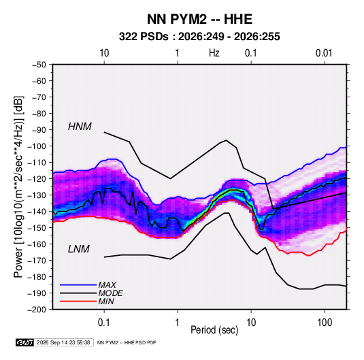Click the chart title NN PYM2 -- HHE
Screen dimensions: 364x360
coord(199,19)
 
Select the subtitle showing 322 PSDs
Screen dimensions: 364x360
coord(199,37)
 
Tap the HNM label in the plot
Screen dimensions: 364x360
coord(80,127)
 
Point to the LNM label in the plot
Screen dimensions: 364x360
coord(79,249)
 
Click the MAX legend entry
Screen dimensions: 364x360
coord(107,285)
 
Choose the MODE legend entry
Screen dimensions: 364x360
coord(110,293)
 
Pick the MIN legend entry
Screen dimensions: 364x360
coord(106,301)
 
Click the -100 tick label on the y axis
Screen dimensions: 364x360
coord(39,146)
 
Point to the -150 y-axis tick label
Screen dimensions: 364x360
coord(39,227)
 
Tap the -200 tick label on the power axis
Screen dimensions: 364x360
coord(39,310)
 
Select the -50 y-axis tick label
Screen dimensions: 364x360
coord(41,65)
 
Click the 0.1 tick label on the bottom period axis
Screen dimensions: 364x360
coord(104,323)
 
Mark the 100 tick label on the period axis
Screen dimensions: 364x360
coord(325,323)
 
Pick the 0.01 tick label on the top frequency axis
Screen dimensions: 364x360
coord(324,53)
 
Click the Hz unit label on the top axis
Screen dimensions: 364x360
coord(214,53)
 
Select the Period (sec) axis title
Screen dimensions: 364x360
coord(214,330)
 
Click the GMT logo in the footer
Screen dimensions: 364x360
coord(25,342)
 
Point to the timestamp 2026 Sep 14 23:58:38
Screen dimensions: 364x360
coord(63,342)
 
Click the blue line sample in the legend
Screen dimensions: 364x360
coord(78,285)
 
